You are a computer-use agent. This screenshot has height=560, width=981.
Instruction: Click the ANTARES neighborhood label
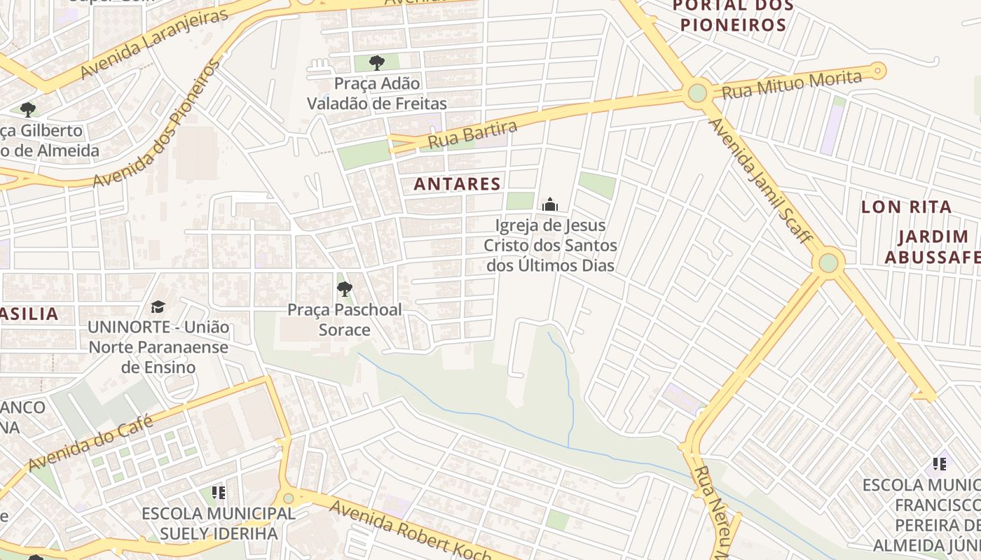(x=457, y=184)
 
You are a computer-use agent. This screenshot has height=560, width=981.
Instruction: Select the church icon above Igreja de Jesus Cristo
(x=550, y=204)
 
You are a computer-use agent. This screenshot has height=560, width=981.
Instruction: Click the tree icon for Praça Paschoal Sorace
(x=344, y=288)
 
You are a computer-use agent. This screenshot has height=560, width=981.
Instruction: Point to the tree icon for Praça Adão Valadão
(x=377, y=63)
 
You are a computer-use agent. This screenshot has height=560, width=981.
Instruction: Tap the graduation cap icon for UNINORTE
(x=158, y=307)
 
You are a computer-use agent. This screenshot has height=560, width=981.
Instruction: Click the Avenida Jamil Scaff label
(x=760, y=181)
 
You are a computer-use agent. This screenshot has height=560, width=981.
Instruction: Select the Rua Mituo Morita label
(x=791, y=84)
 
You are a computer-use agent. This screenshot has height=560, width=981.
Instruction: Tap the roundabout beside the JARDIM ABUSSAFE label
(x=828, y=263)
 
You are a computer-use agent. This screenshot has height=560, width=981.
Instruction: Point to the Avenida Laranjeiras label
(x=155, y=44)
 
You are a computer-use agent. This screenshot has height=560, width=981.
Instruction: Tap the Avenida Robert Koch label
(x=410, y=530)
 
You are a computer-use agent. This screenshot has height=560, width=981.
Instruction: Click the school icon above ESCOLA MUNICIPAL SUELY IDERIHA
(x=219, y=493)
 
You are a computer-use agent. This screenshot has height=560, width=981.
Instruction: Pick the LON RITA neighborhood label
(x=906, y=206)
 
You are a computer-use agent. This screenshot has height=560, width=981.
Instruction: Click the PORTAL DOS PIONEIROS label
(x=733, y=15)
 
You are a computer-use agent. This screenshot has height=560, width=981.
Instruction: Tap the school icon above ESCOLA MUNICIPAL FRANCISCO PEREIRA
(x=940, y=463)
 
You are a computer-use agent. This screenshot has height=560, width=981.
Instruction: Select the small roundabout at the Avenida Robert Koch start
(x=288, y=498)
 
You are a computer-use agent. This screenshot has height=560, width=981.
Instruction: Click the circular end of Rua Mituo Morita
(x=877, y=71)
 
